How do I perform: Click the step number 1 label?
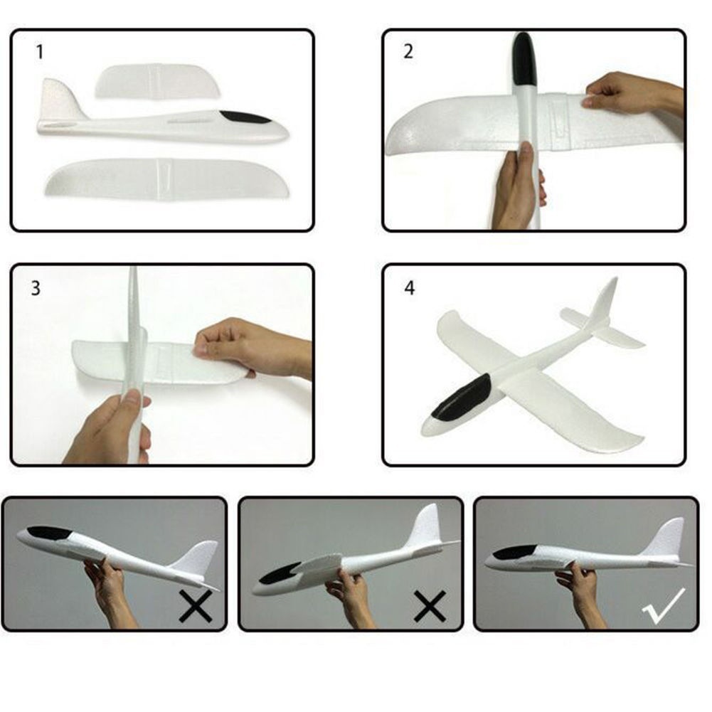point(40,52)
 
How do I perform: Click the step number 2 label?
point(408,51)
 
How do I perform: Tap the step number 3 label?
point(36,288)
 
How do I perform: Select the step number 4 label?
point(410,288)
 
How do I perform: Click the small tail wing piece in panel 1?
point(158,81)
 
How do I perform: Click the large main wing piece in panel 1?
point(167,178)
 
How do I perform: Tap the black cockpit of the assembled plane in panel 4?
point(461,398)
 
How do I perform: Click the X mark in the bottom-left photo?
point(196,606)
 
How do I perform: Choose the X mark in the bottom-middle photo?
point(430,606)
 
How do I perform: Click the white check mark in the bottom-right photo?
point(664,607)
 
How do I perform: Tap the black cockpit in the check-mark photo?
point(516,552)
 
